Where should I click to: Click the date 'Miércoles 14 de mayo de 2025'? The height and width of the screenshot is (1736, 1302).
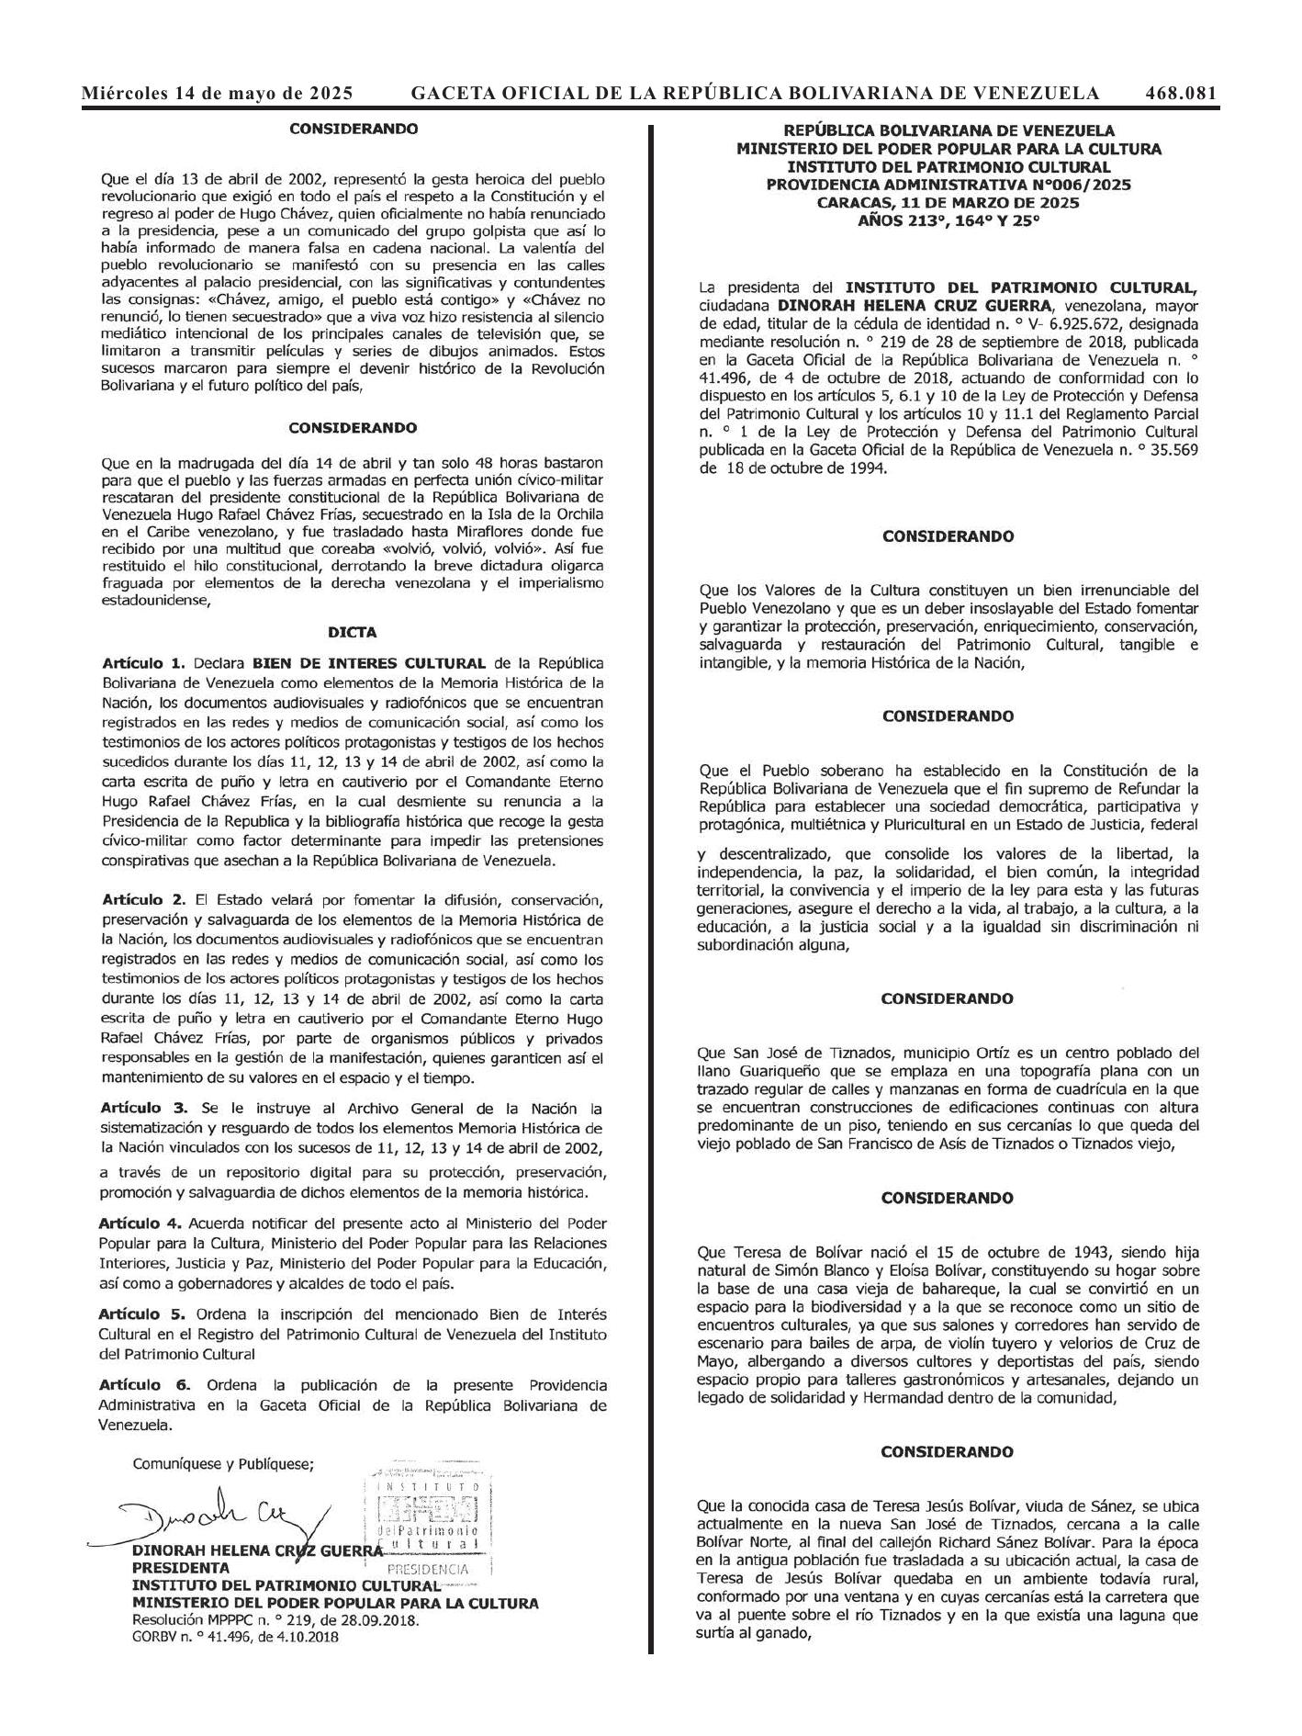[218, 93]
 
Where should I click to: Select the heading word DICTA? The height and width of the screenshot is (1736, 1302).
[352, 632]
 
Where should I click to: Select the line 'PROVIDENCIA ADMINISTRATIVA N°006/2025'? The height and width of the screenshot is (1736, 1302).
[948, 185]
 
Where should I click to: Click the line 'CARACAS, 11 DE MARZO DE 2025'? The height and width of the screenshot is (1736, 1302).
[948, 202]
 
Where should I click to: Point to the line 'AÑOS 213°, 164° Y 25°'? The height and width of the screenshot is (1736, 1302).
[948, 220]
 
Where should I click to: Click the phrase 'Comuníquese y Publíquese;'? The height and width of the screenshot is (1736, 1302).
[223, 1464]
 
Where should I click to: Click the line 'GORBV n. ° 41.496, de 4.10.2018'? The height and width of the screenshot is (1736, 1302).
[235, 1637]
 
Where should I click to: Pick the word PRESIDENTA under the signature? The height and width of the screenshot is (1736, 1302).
[181, 1568]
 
